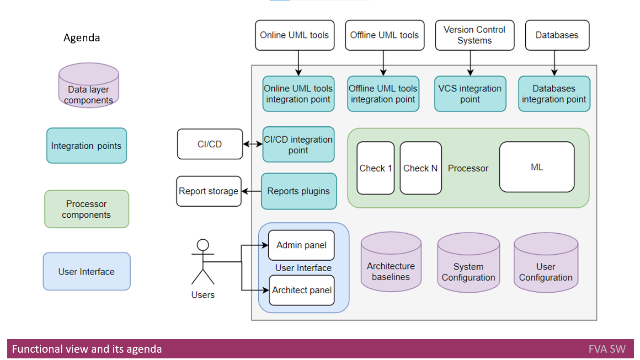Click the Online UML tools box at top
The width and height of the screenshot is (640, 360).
[x=294, y=35]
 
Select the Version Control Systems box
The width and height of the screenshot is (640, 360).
[x=475, y=35]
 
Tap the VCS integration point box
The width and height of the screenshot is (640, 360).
[x=470, y=94]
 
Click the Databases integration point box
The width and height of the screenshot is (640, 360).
[x=554, y=94]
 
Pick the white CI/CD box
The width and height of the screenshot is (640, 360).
[x=210, y=144]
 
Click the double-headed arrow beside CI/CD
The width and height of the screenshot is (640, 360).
[x=253, y=144]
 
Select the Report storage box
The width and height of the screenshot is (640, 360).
[x=208, y=191]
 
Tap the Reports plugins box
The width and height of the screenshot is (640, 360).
[x=299, y=191]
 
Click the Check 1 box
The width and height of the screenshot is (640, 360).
[x=375, y=168]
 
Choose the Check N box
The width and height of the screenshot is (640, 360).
[x=421, y=168]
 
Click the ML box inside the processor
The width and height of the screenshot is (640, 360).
[x=537, y=167]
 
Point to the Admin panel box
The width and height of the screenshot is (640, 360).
[x=301, y=245]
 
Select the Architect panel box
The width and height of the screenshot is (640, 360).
[x=302, y=290]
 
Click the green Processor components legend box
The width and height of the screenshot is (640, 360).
[x=86, y=209]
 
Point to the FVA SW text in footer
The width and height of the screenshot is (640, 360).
[x=607, y=349]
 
